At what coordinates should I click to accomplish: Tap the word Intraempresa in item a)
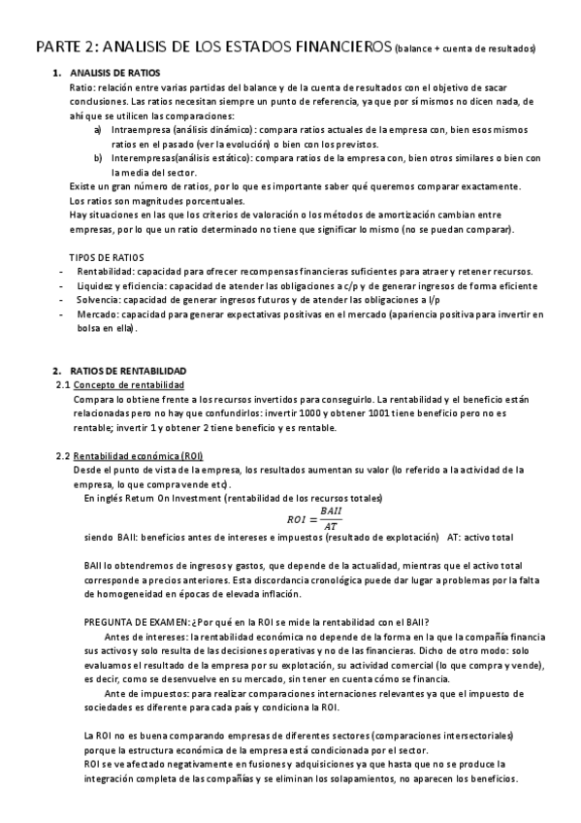point(140,129)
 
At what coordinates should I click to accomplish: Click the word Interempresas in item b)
point(142,157)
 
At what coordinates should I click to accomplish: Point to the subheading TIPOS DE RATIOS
point(107,257)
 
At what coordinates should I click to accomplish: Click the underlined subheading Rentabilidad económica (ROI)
point(138,456)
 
